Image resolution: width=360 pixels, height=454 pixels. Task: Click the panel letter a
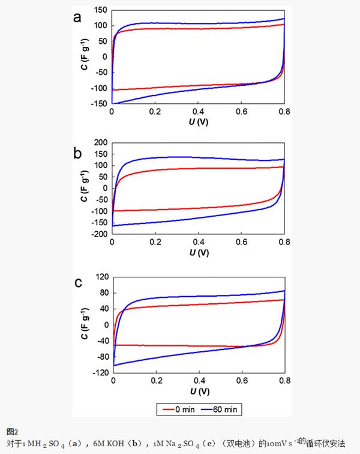77,17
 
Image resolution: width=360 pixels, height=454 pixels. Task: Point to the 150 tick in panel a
100,10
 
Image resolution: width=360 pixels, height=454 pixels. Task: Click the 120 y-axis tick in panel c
101,278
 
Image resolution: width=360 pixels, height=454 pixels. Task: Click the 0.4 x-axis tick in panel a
199,112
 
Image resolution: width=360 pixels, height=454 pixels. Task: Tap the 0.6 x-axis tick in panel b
241,243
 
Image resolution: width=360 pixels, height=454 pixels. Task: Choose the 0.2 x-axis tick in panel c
155,381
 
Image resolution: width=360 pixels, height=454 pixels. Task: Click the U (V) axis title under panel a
199,123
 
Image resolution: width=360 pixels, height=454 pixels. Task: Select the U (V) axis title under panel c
199,392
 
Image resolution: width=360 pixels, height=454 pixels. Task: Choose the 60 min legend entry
224,409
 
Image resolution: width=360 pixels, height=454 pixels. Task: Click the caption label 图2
13,431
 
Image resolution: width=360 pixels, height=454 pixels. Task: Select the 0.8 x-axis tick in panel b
284,243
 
